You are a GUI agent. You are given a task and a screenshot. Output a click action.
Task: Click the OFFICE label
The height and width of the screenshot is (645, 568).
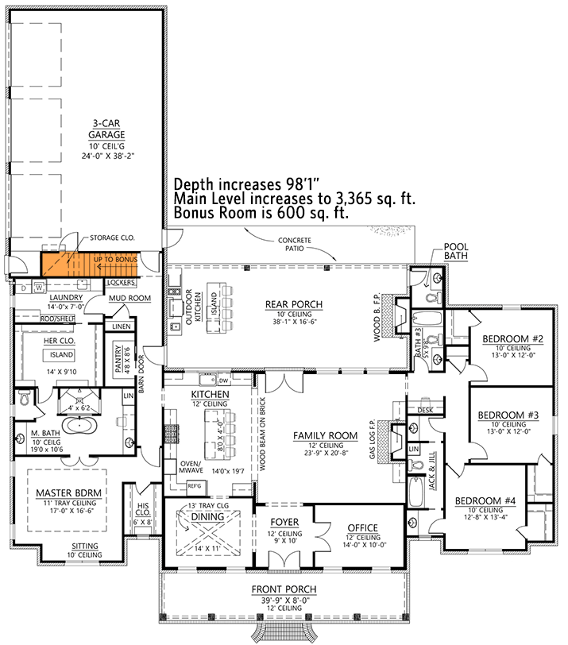(x=362, y=528)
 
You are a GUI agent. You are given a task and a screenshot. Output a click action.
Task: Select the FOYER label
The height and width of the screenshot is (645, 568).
(x=284, y=524)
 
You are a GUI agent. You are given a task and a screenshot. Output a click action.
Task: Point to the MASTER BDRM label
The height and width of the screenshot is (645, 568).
(x=68, y=492)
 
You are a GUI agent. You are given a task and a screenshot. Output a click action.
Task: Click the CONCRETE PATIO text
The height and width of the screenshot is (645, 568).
(x=295, y=244)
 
